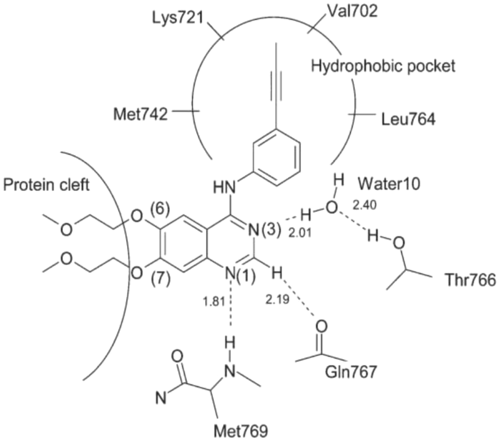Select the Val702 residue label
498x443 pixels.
coord(352,11)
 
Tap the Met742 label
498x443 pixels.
coord(141,114)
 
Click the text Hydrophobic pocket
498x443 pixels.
coord(383,66)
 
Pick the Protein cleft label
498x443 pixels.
coord(46,185)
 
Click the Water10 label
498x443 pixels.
coord(389,183)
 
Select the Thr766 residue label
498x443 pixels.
coord(471,280)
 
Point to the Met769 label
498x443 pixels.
coord(241,431)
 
